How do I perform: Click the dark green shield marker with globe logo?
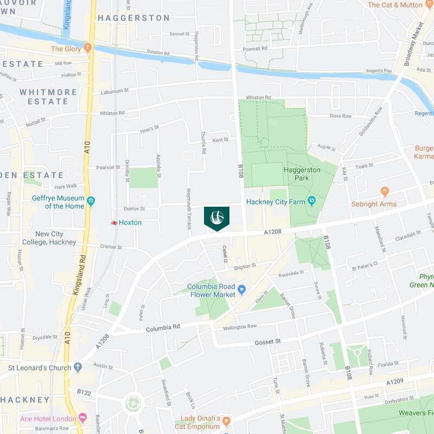click(216, 218)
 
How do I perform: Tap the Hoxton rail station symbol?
click(115, 222)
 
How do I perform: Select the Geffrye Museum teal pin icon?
click(91, 201)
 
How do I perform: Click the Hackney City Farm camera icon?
click(311, 201)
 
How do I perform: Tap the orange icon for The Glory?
click(87, 49)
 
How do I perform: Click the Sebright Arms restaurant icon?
click(385, 191)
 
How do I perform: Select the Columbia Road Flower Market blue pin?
click(242, 289)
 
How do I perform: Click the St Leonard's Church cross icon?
click(78, 367)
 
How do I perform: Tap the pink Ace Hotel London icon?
click(82, 418)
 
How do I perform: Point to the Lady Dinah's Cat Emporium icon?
click(227, 422)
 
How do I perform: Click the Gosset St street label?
click(267, 342)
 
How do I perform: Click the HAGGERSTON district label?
click(133, 18)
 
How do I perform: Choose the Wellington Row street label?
click(240, 327)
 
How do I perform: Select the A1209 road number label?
click(395, 382)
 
